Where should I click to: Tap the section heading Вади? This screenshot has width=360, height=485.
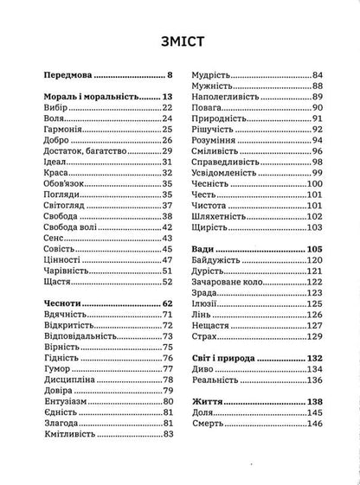[204, 250]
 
